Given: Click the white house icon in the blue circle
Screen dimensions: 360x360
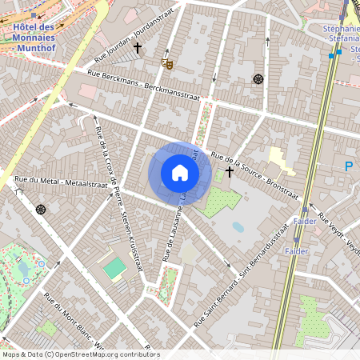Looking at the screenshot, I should click(180, 173).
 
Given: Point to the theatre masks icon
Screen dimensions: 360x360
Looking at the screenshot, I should click(166, 62).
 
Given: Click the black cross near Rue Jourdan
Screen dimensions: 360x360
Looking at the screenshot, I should click(138, 48).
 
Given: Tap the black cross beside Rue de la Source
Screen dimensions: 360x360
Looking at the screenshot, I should click(230, 171).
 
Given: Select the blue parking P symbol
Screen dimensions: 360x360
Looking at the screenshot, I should click(348, 166).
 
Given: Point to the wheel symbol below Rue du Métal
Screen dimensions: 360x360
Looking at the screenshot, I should click(41, 209).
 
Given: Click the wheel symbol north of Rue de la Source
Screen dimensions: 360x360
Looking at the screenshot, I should click(258, 78).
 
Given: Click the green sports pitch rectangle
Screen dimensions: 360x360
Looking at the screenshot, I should click(114, 268).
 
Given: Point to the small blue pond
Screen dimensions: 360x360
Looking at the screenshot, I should click(238, 227).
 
